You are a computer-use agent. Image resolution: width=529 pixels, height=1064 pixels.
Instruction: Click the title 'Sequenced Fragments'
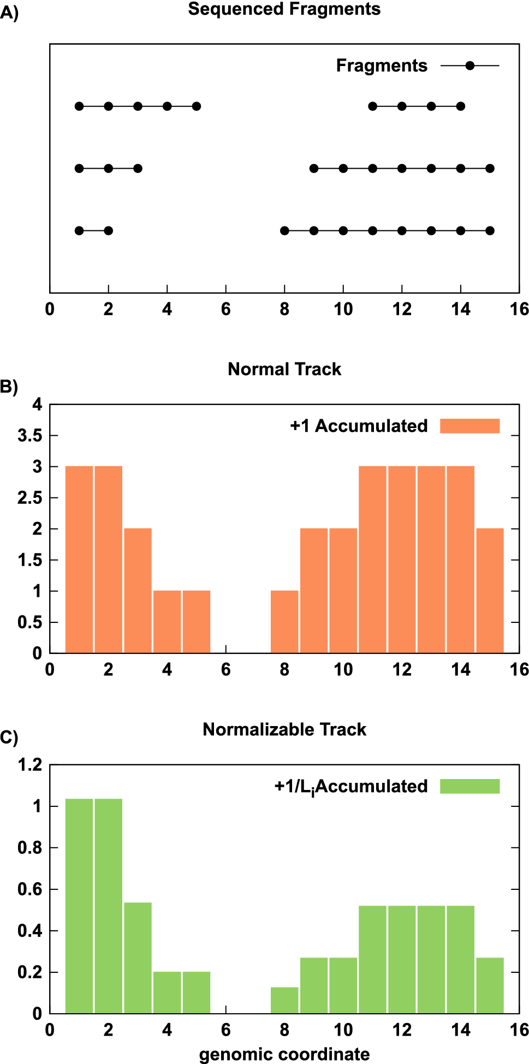pyautogui.click(x=284, y=9)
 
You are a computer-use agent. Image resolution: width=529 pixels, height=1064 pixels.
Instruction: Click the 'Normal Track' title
pyautogui.click(x=284, y=370)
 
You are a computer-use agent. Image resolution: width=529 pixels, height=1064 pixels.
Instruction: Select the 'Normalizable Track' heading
pyautogui.click(x=284, y=730)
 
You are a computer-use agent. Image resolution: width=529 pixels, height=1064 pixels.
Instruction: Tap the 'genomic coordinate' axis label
pyautogui.click(x=284, y=1054)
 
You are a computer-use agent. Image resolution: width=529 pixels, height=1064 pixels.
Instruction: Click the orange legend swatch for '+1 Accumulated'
pyautogui.click(x=469, y=426)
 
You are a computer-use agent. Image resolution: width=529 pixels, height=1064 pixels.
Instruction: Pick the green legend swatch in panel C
pyautogui.click(x=469, y=786)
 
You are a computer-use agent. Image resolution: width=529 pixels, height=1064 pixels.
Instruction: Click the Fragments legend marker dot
pyautogui.click(x=469, y=66)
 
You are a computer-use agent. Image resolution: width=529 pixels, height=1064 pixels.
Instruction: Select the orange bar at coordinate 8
pyautogui.click(x=284, y=622)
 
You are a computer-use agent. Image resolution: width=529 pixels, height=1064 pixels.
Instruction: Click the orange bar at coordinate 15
pyautogui.click(x=490, y=591)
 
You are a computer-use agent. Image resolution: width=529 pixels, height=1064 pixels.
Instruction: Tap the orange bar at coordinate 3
pyautogui.click(x=138, y=591)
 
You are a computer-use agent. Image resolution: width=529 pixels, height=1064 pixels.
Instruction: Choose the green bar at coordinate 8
pyautogui.click(x=284, y=1000)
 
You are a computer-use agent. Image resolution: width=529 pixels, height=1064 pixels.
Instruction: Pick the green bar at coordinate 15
pyautogui.click(x=490, y=985)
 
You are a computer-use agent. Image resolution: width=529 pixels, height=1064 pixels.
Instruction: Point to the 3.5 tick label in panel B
pyautogui.click(x=30, y=436)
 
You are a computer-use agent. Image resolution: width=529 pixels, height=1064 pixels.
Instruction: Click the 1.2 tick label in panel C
pyautogui.click(x=30, y=765)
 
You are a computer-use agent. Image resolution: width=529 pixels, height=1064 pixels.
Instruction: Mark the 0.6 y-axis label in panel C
pyautogui.click(x=30, y=889)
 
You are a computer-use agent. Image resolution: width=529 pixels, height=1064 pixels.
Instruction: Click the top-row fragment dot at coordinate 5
pyautogui.click(x=197, y=106)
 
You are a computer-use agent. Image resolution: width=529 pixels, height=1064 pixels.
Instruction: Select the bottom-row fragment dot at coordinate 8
pyautogui.click(x=284, y=231)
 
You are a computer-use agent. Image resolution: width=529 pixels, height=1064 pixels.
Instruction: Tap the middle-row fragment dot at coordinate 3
pyautogui.click(x=138, y=168)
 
